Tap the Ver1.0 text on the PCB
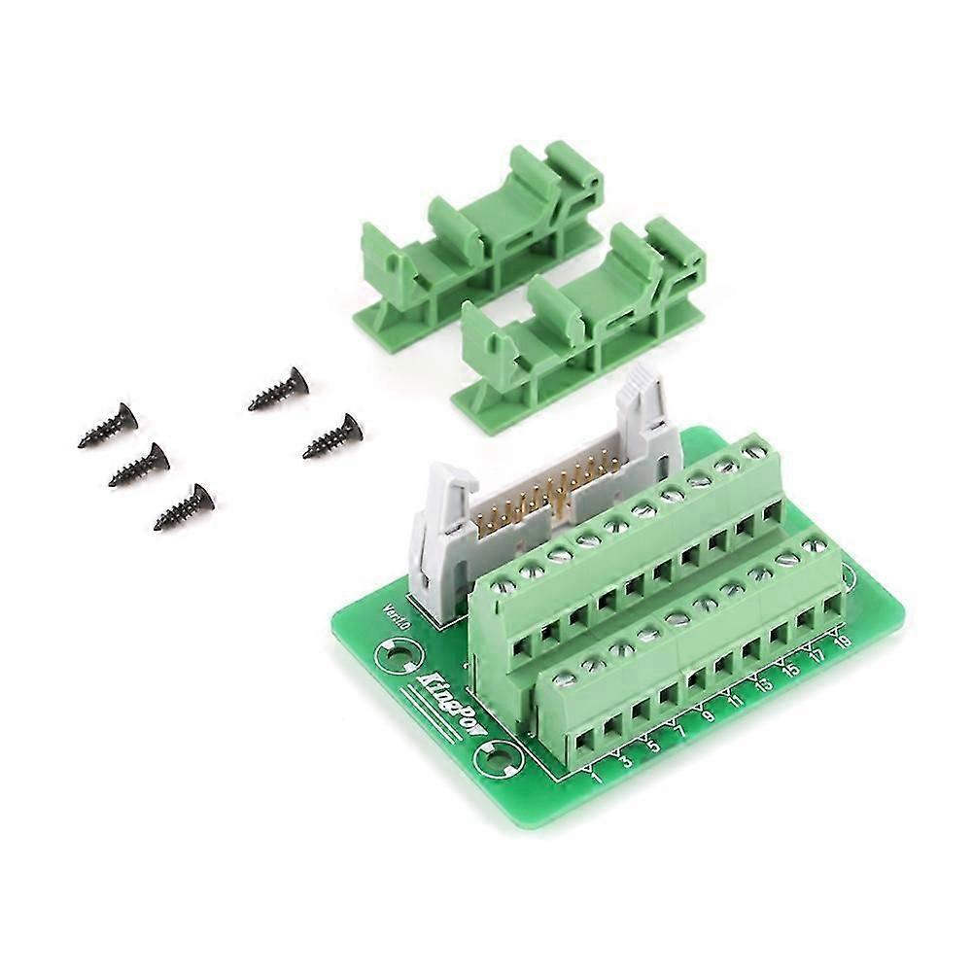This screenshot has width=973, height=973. (397, 619)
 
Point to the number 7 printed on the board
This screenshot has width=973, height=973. (679, 732)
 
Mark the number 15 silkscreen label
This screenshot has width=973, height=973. (790, 669)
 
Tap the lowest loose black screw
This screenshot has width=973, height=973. (185, 507)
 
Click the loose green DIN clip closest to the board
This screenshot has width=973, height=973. (583, 321)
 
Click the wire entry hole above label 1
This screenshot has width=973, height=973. (586, 744)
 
